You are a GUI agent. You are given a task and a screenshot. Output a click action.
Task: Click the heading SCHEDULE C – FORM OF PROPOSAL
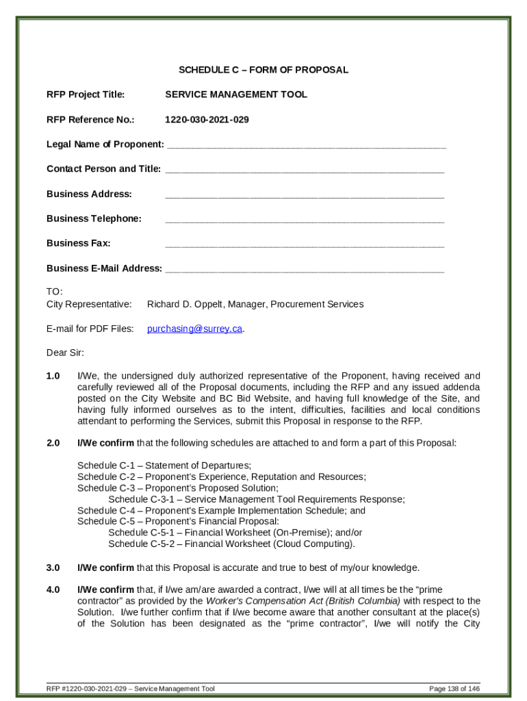263,70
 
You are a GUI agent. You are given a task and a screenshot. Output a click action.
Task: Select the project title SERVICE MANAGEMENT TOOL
235,94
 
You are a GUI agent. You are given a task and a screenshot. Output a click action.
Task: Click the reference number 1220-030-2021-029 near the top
207,120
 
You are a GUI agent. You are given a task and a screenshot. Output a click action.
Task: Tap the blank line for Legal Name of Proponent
306,145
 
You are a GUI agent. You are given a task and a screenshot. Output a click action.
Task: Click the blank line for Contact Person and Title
305,170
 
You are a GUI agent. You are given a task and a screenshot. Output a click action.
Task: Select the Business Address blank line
305,195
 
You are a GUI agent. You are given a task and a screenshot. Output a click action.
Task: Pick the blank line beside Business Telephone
305,220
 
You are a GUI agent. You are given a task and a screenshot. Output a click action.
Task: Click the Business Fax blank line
305,244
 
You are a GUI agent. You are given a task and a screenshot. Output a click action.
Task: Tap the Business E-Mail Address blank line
305,269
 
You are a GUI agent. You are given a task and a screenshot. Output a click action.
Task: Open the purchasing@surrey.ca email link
195,329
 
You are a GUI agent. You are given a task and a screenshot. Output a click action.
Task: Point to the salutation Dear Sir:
65,353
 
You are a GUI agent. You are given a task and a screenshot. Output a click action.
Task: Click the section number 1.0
53,376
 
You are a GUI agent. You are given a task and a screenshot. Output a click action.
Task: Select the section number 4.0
53,589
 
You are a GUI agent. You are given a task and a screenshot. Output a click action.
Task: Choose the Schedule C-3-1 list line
256,499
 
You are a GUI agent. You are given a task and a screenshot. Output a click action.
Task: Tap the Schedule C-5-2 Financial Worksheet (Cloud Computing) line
231,544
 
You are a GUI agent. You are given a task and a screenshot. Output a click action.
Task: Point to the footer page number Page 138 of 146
454,688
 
